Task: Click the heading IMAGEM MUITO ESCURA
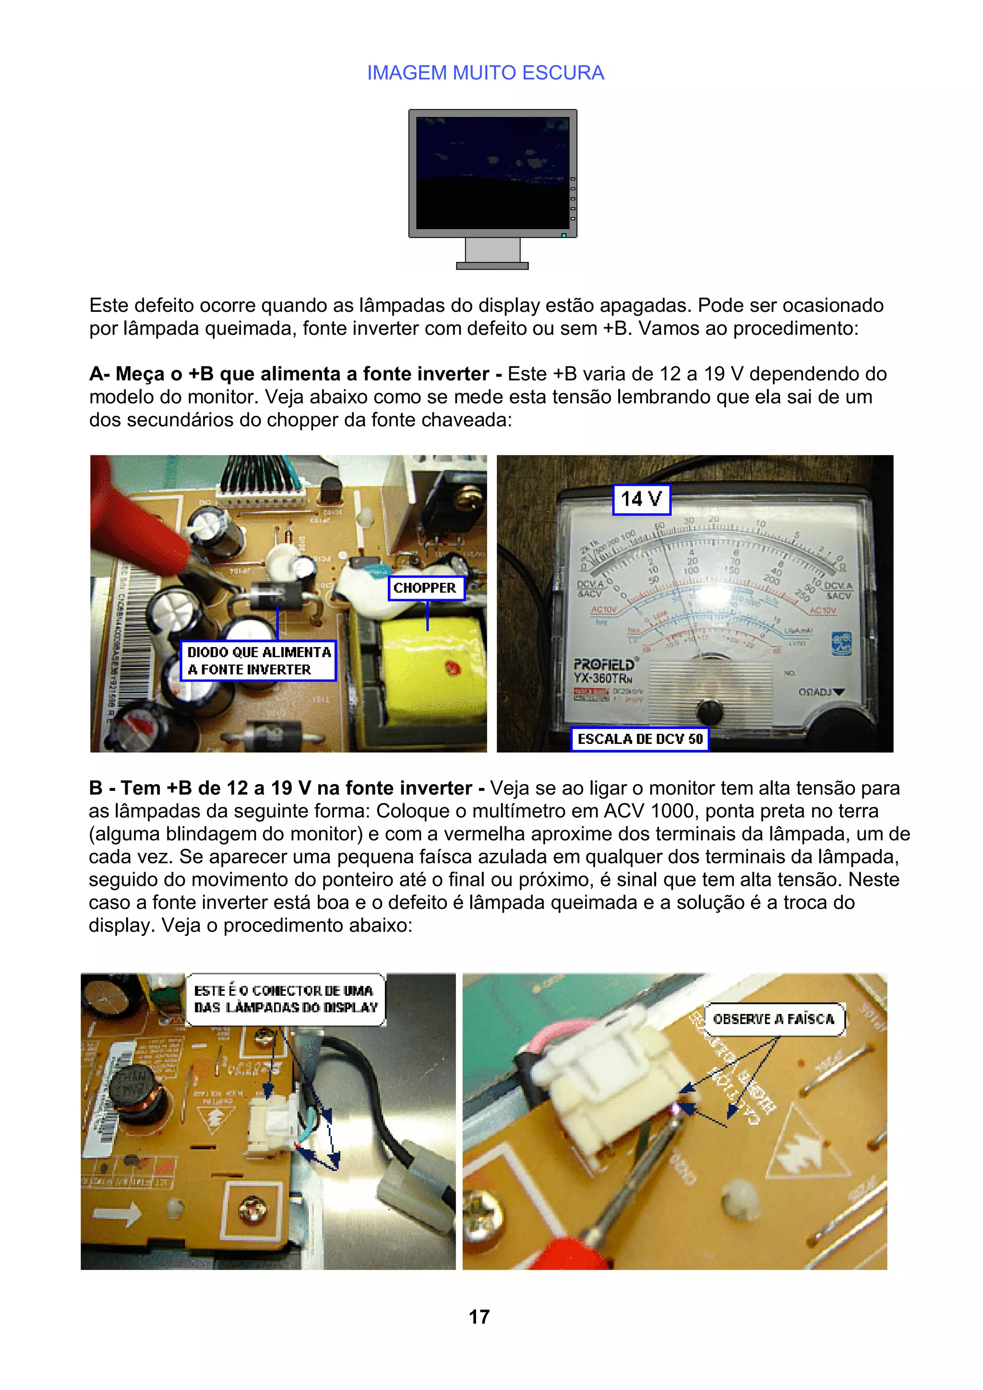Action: (x=485, y=72)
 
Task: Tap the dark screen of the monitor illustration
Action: (x=492, y=173)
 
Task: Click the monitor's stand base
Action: (x=492, y=265)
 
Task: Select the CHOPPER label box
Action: (x=425, y=588)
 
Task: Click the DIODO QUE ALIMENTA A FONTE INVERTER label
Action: (x=259, y=660)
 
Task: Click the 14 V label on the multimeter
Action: (x=641, y=499)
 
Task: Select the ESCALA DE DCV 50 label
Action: (x=640, y=739)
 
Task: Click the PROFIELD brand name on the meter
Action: (x=603, y=665)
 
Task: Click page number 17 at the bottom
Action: (x=479, y=1317)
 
